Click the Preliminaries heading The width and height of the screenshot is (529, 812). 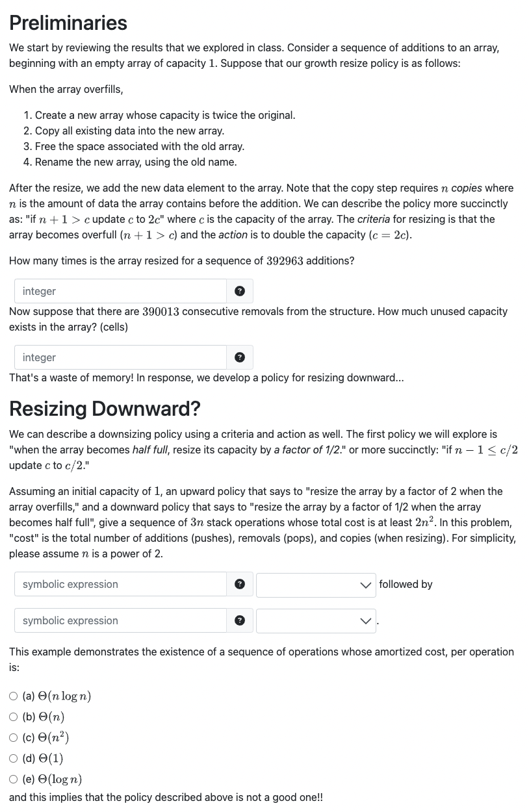(68, 23)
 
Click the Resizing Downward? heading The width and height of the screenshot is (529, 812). (105, 409)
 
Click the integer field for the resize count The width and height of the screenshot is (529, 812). (120, 291)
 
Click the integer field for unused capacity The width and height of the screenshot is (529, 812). (120, 357)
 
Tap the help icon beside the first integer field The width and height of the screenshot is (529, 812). (239, 291)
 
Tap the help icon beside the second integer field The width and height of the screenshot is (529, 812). (239, 357)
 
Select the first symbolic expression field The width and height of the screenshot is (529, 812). (120, 584)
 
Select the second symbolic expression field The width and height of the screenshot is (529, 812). (120, 620)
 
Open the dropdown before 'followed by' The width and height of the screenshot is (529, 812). (315, 584)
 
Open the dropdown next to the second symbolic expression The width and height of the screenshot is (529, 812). (315, 620)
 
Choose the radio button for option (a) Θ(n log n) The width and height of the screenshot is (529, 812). (14, 696)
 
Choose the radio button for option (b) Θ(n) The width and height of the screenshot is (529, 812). (14, 717)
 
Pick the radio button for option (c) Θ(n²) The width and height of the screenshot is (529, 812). (14, 738)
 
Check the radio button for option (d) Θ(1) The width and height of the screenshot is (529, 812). (14, 759)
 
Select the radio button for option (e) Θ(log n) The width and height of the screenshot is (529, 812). (14, 780)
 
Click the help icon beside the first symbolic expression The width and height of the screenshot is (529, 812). (239, 584)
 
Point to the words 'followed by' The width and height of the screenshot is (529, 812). (406, 584)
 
